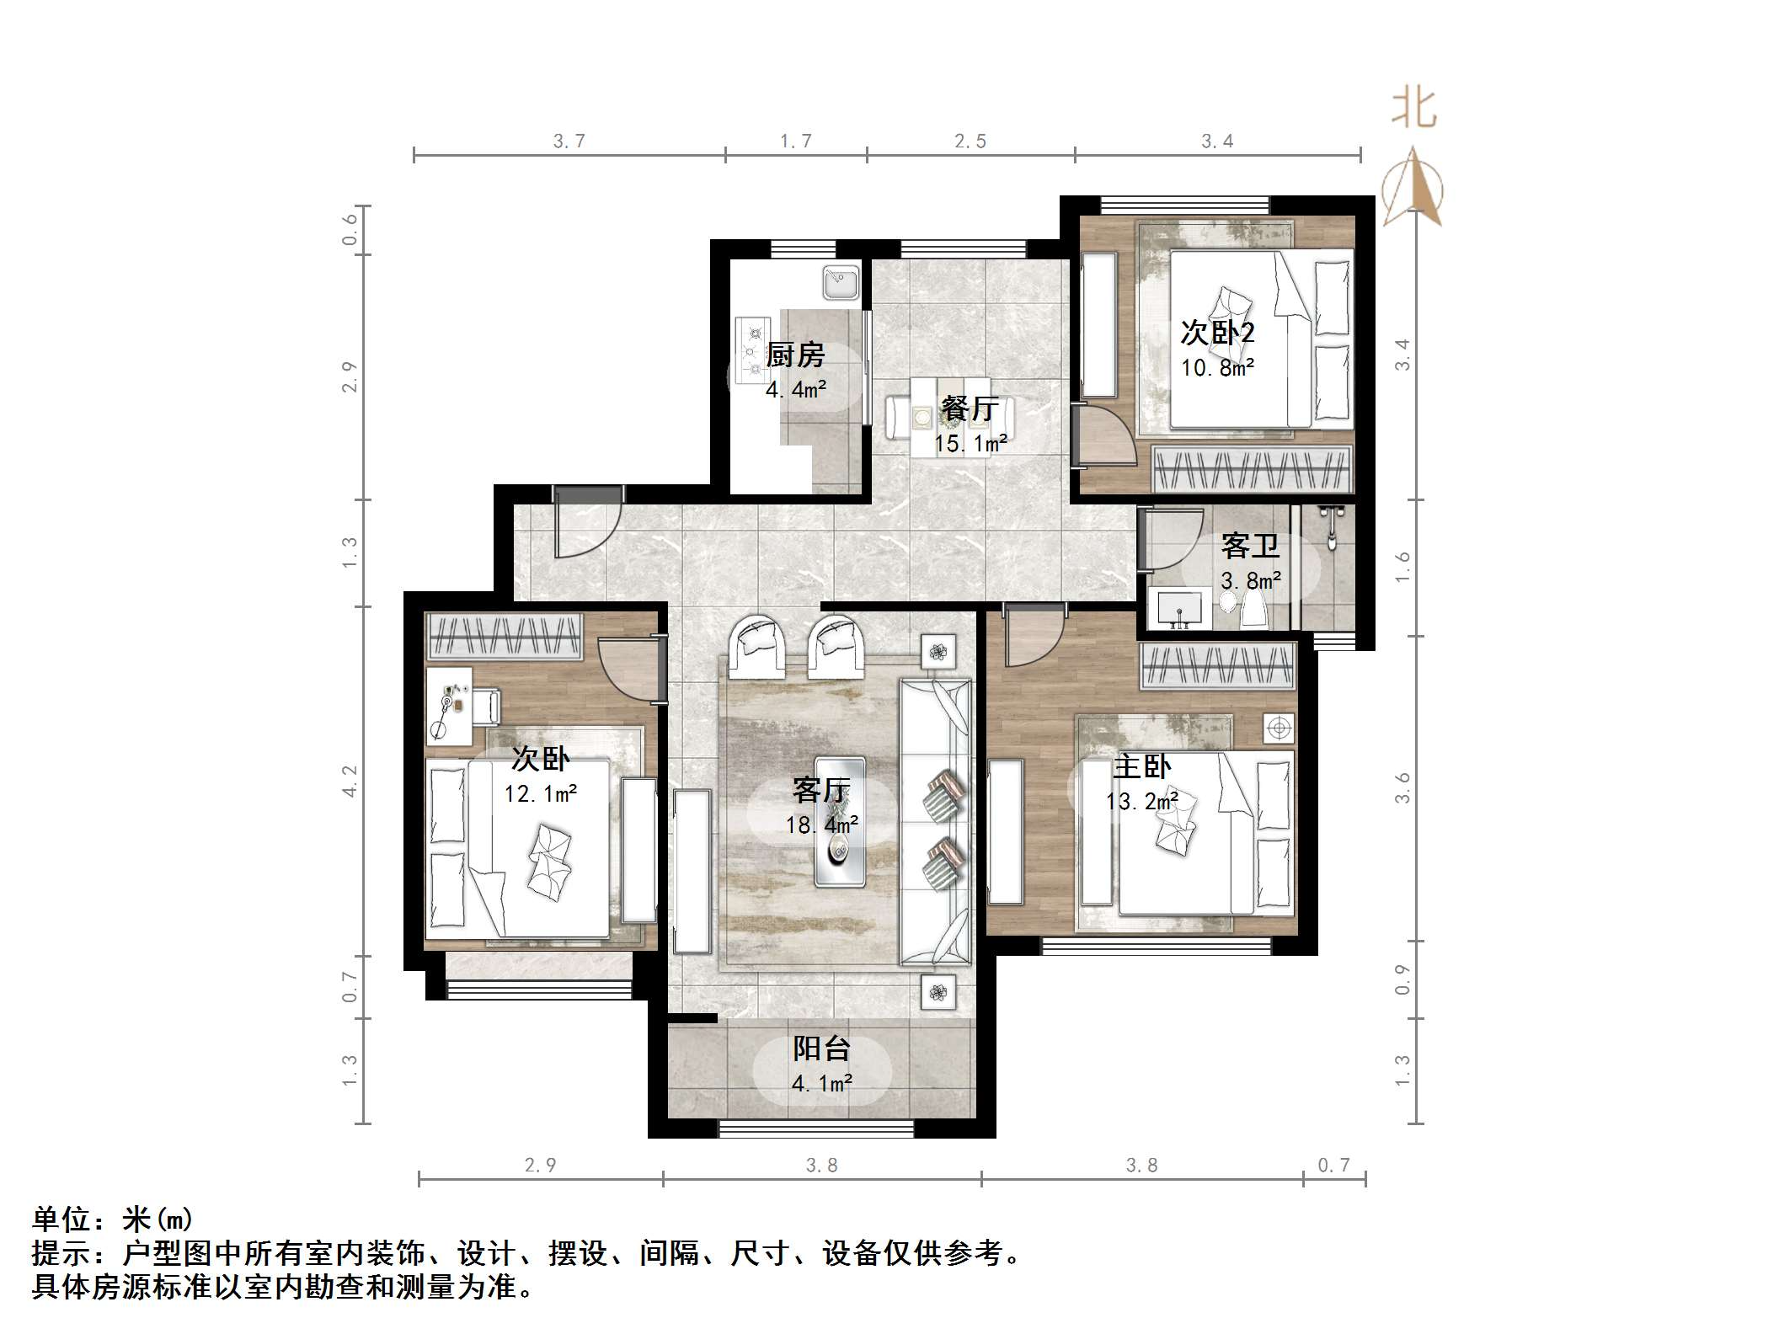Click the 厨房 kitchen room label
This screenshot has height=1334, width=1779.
(x=794, y=355)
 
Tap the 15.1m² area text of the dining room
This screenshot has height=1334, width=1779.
(x=970, y=443)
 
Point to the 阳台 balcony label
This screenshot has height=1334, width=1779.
(x=821, y=1049)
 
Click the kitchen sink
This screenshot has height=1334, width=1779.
(x=841, y=283)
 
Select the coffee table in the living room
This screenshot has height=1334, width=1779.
(x=839, y=821)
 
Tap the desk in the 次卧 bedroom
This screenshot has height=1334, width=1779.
(x=448, y=706)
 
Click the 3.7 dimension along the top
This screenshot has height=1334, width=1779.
(x=569, y=141)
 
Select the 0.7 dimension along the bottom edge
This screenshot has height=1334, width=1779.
(x=1333, y=1165)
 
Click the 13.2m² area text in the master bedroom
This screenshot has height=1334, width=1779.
(x=1141, y=801)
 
